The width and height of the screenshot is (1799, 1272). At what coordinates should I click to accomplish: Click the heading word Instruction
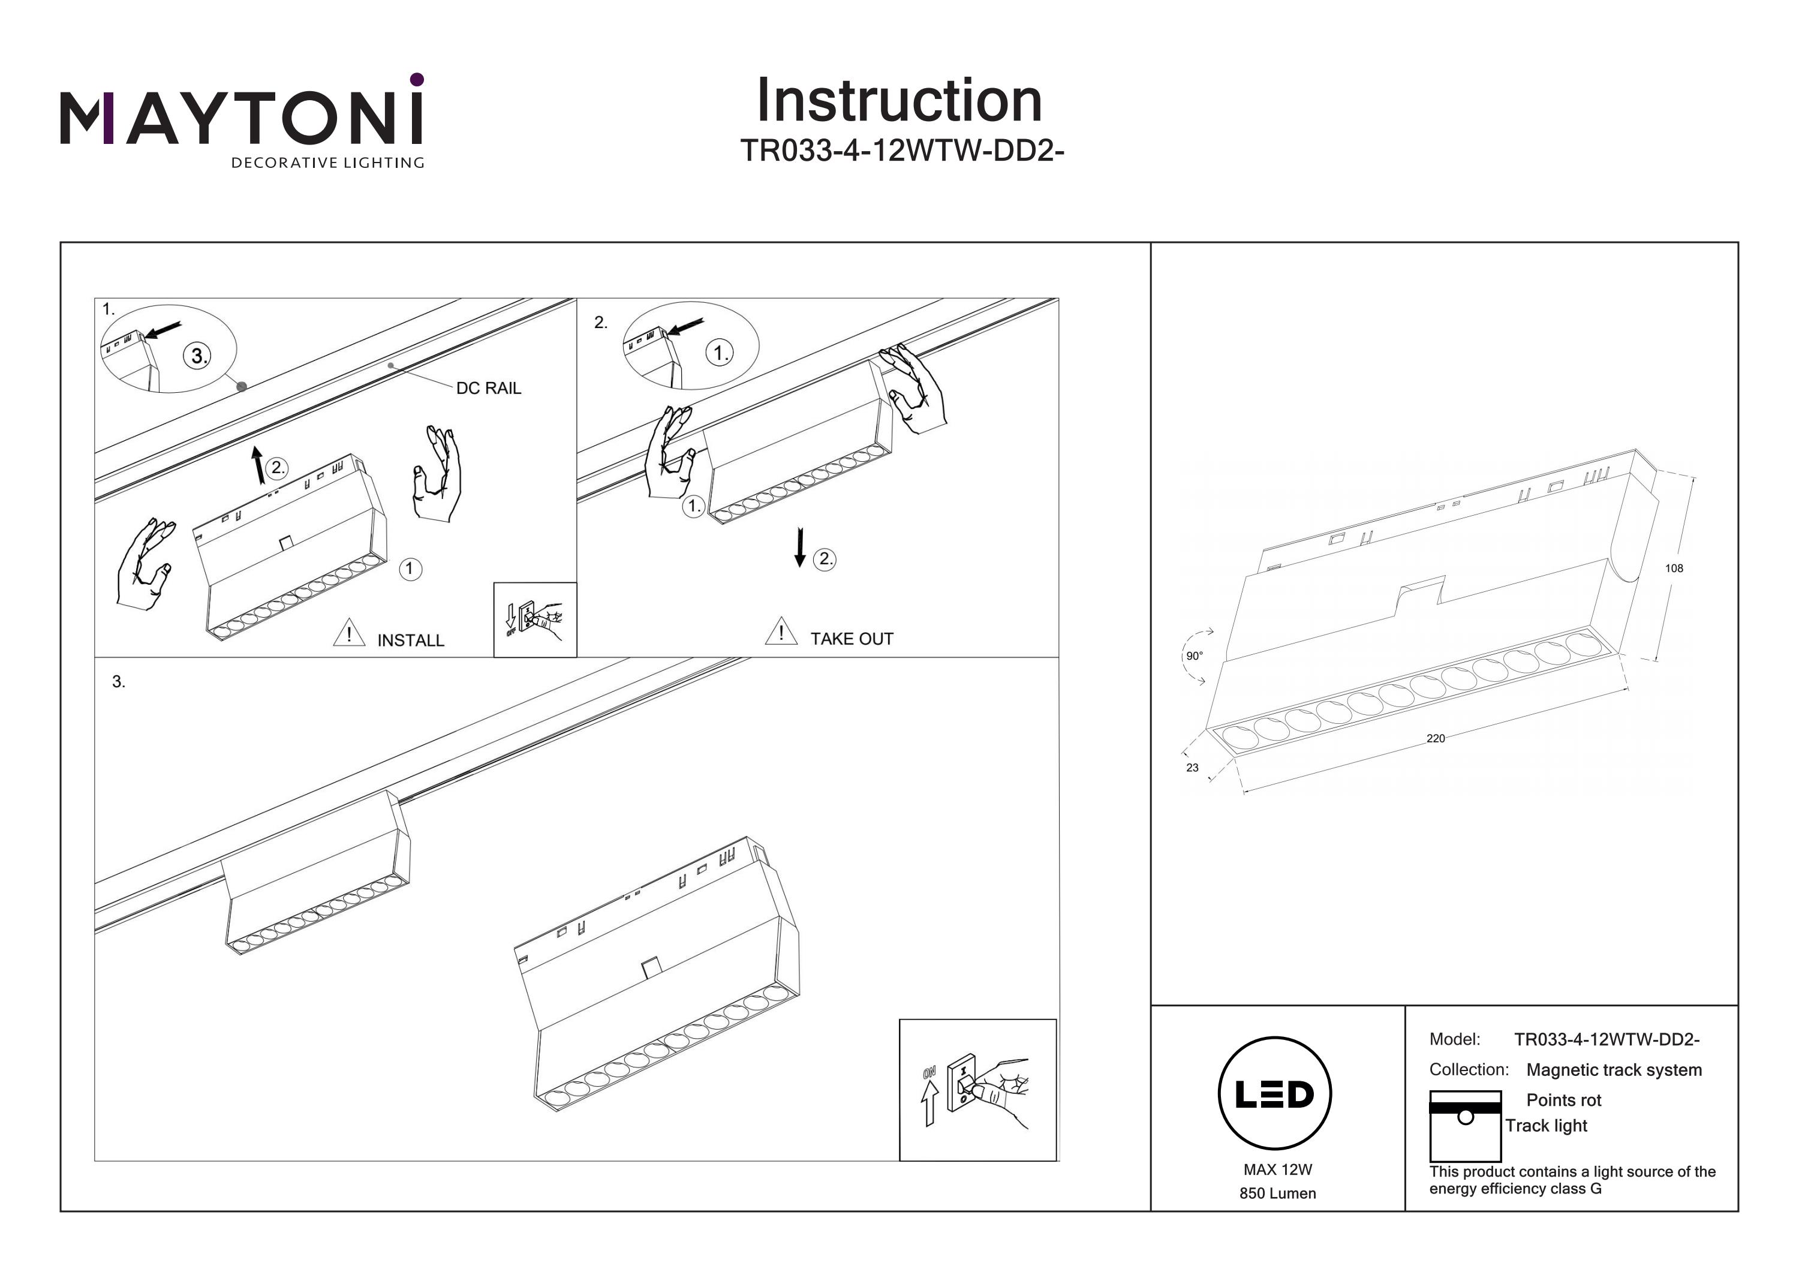click(899, 101)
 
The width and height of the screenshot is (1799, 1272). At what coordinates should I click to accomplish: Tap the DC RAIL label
click(488, 388)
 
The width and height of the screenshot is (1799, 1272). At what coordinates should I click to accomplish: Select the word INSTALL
click(411, 640)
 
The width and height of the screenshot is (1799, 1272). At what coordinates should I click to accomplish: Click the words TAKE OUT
click(852, 639)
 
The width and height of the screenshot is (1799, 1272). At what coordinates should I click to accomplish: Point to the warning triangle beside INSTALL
click(348, 633)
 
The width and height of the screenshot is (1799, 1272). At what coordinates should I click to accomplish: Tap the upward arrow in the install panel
click(257, 465)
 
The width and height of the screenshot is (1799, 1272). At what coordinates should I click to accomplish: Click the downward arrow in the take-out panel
click(799, 547)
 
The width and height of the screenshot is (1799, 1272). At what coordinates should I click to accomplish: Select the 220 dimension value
click(1436, 738)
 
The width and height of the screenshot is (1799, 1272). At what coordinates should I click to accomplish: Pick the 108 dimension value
click(1674, 568)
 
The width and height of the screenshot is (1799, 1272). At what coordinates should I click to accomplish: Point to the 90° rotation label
click(1194, 656)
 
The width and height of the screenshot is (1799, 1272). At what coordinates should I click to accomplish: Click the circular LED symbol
click(1275, 1093)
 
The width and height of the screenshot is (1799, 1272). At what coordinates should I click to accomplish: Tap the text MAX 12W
click(1277, 1170)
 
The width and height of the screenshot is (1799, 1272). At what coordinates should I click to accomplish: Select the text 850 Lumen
click(1277, 1193)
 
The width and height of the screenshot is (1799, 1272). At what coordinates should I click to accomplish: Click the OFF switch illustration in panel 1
click(535, 619)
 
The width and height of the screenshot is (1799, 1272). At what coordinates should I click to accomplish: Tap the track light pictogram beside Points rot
click(1464, 1126)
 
